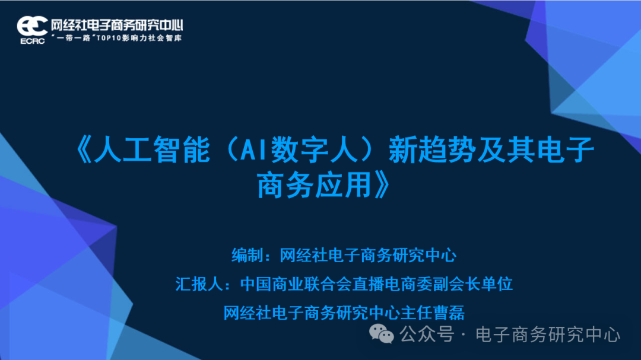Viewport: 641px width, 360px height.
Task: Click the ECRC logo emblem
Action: point(33,26)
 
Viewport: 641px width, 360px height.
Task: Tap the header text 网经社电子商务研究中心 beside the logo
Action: point(116,25)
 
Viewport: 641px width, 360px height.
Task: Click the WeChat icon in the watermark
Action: point(382,334)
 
